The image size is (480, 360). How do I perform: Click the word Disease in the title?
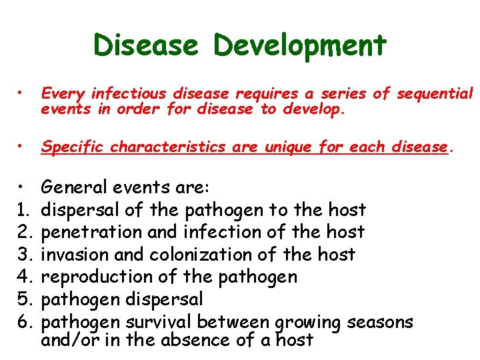[145, 45]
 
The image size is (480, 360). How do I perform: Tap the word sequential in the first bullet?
[434, 94]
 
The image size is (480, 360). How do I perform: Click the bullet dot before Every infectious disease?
[23, 94]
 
